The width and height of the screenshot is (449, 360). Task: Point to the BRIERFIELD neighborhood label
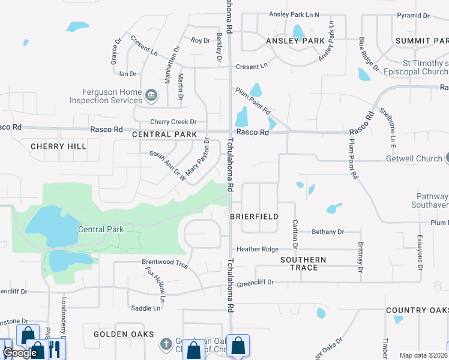(254, 216)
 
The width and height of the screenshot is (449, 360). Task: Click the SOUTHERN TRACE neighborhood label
(303, 263)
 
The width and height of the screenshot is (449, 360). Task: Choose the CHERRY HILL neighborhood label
(58, 146)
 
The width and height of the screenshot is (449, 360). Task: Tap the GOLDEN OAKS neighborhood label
(124, 334)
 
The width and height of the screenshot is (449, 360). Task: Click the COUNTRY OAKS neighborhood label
(417, 310)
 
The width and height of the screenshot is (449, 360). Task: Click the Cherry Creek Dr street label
(173, 122)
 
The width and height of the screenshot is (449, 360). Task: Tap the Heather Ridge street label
(258, 249)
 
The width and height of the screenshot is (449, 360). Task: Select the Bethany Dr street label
(328, 232)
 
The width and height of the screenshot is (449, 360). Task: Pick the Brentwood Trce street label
(164, 263)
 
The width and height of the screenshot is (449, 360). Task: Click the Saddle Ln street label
(146, 308)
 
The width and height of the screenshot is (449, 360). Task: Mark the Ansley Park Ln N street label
(294, 14)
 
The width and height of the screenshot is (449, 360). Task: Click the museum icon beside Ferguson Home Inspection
(152, 95)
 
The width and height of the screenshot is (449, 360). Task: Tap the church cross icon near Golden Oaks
(166, 344)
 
